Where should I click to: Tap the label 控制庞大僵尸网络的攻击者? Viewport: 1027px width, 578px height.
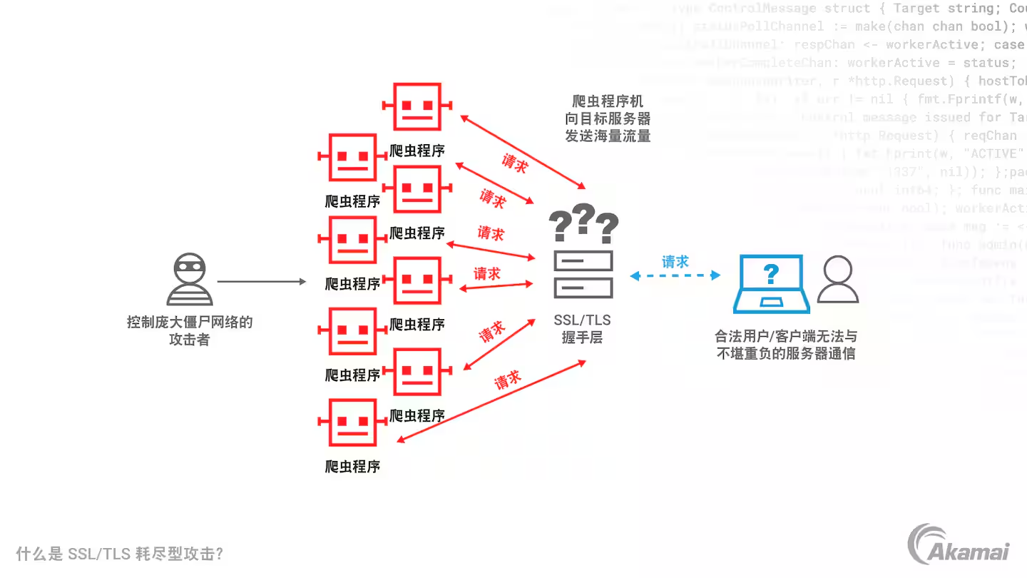[190, 330]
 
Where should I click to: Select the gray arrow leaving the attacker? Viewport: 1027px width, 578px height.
[261, 282]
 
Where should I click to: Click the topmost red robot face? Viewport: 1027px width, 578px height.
[417, 106]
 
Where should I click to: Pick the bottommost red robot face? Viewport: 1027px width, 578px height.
[352, 422]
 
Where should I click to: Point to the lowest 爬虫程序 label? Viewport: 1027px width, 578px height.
[352, 467]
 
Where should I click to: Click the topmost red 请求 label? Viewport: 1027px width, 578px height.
[515, 163]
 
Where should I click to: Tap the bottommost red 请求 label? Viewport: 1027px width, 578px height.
[508, 380]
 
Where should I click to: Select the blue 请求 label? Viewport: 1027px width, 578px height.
[675, 262]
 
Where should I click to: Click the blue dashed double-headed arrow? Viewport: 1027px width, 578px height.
[675, 275]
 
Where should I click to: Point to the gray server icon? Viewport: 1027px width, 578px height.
[583, 274]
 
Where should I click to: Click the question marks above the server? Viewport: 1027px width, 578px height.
[583, 223]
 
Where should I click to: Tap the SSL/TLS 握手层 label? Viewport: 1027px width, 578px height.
[582, 328]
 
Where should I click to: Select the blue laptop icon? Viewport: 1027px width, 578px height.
[771, 284]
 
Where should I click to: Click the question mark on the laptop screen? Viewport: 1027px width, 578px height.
[771, 273]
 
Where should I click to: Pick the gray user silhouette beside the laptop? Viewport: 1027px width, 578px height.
[837, 280]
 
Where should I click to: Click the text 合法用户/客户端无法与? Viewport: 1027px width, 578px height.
[785, 336]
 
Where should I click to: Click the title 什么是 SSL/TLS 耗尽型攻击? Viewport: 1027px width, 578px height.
[120, 554]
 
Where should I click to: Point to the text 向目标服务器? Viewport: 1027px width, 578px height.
[608, 118]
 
